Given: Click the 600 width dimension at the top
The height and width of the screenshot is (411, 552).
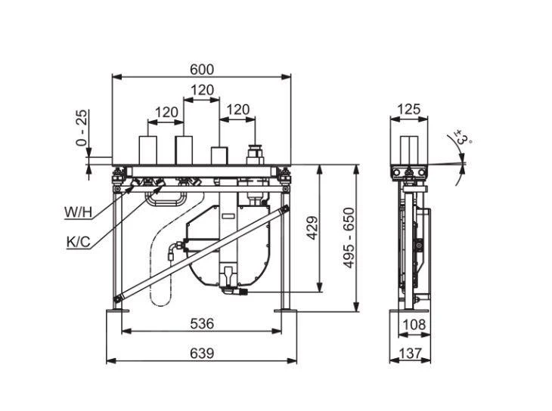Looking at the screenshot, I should click(201, 70).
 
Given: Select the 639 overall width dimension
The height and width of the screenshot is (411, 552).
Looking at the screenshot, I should click(201, 353).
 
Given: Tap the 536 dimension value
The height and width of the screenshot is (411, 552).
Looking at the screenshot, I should click(201, 323).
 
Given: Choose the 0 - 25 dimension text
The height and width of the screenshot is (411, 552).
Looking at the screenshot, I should click(82, 128).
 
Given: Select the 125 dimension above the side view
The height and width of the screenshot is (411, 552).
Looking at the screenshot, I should click(408, 110).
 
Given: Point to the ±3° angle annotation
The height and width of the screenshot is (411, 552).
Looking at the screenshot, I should click(463, 140).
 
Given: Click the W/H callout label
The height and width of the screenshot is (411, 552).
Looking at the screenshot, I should click(78, 212).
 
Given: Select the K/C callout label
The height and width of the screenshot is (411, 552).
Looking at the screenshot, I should click(78, 243).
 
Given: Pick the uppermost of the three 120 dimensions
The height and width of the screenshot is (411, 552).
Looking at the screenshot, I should click(201, 90).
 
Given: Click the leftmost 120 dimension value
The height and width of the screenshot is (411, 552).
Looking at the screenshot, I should click(166, 112).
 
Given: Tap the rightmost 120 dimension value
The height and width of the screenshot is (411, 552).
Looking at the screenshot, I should click(237, 110).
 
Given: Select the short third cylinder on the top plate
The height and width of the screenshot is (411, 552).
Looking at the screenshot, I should click(219, 155).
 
